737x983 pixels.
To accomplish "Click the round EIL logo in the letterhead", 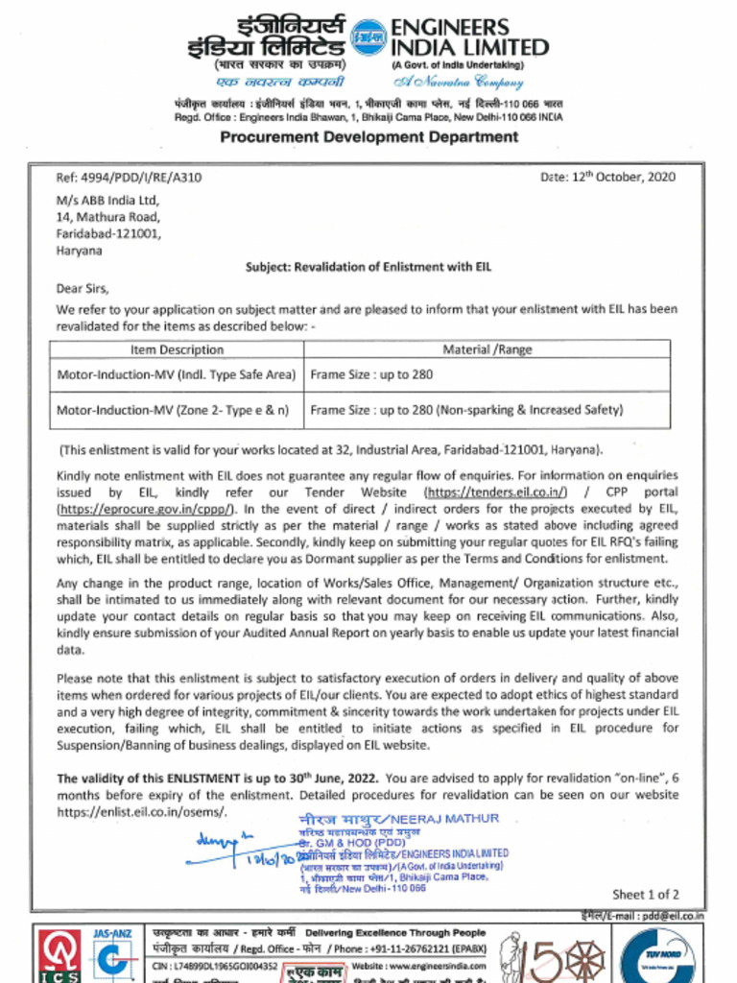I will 369,36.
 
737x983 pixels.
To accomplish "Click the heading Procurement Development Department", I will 368,136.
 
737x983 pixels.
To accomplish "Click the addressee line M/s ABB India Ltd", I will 107,201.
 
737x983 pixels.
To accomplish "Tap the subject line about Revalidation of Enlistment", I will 368,267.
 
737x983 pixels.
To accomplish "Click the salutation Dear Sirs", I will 83,288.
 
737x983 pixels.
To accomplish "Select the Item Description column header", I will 177,350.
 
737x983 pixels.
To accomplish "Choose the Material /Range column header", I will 487,350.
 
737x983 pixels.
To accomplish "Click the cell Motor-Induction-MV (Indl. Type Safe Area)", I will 177,375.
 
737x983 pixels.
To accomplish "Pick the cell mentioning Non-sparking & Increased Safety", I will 466,410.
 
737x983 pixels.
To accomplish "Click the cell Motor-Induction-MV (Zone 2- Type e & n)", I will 173,410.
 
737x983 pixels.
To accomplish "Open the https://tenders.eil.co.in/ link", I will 495,492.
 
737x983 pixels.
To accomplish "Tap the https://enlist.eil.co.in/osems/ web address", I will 142,812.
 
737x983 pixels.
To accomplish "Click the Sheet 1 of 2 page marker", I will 645,895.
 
